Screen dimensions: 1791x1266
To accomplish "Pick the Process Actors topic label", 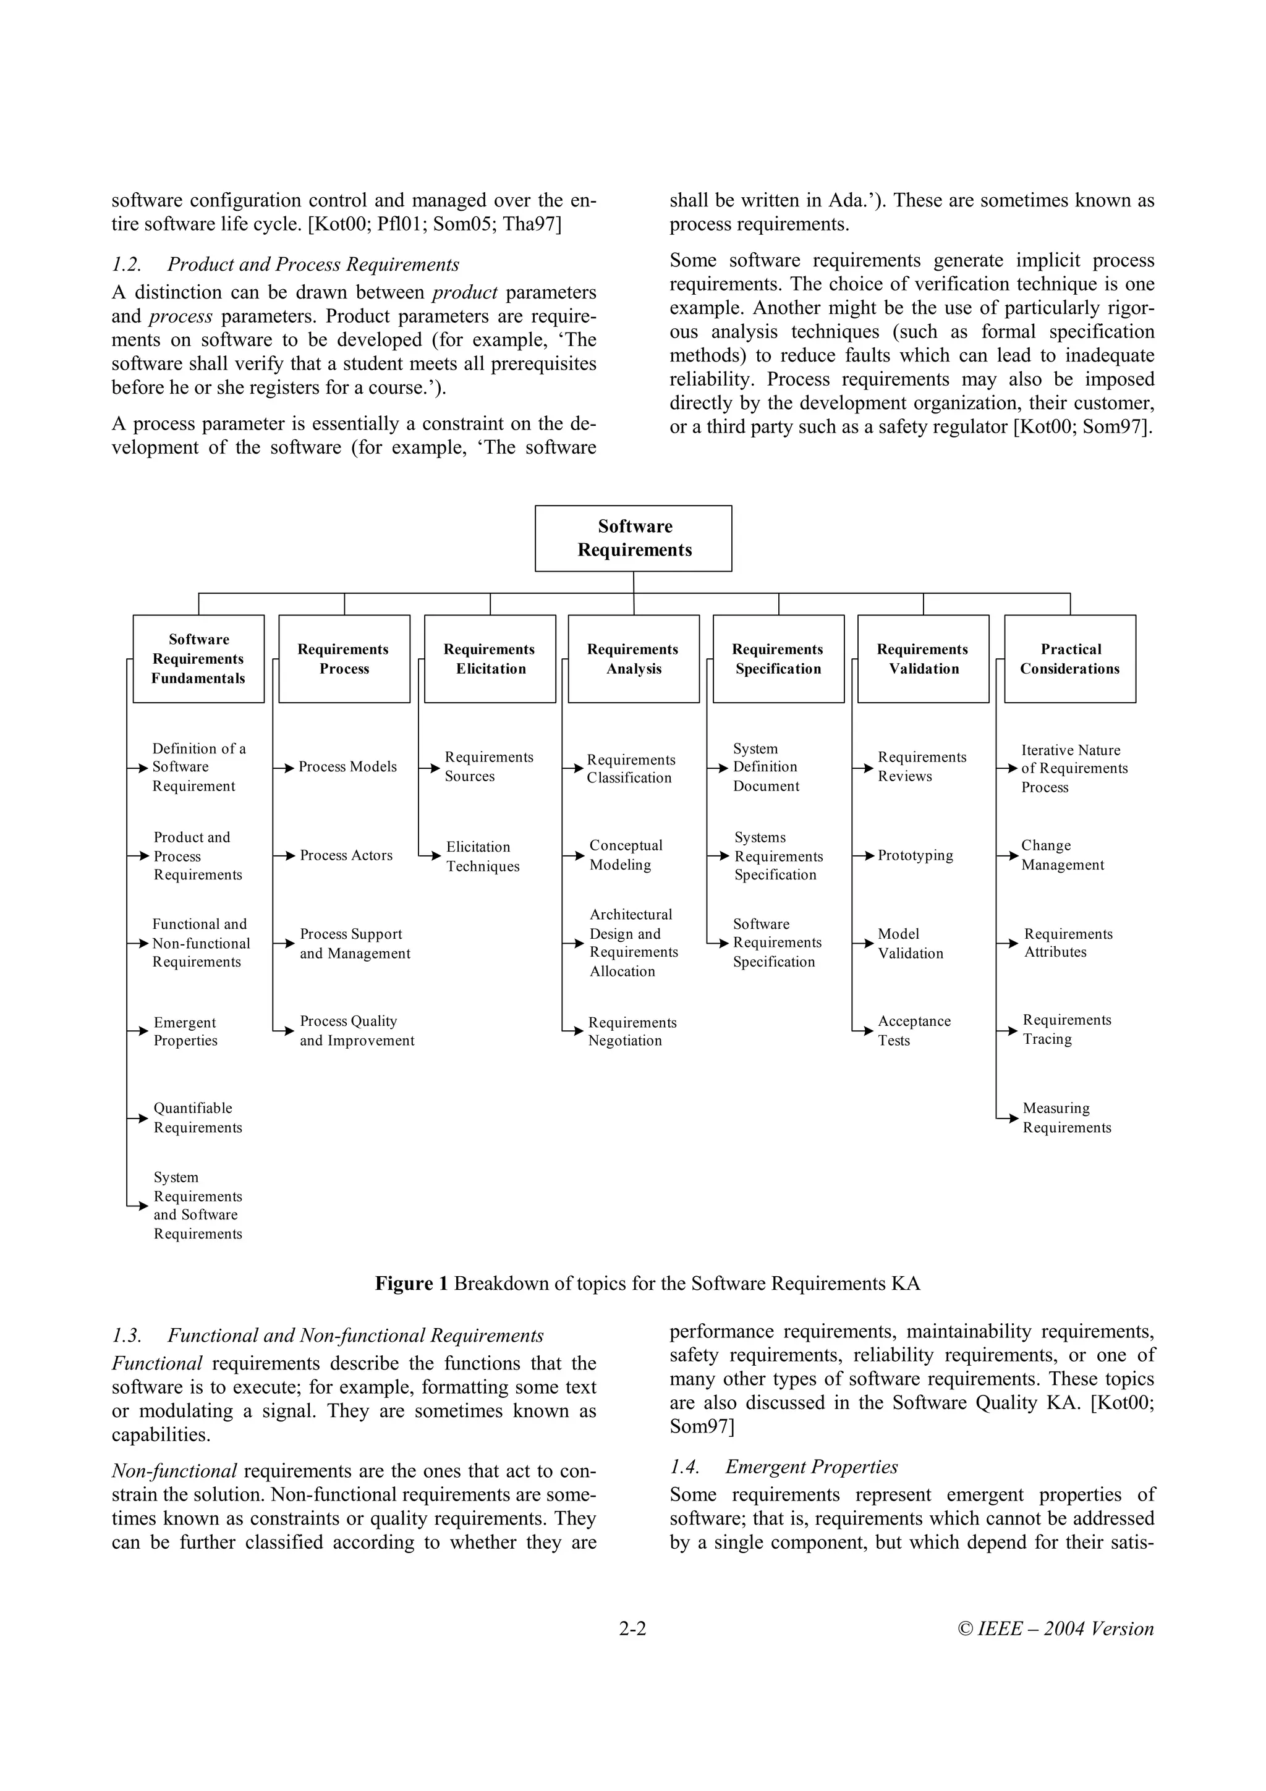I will click(x=346, y=856).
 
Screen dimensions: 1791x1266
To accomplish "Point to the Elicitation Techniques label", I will click(x=482, y=857).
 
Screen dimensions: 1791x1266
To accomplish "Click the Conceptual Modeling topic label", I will click(x=626, y=855).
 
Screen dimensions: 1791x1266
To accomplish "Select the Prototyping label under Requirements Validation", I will click(x=915, y=856).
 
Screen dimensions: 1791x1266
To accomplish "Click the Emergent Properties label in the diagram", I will click(x=185, y=1031).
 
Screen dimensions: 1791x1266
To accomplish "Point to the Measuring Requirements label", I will click(x=1066, y=1118).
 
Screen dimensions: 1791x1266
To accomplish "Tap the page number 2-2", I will click(x=632, y=1628).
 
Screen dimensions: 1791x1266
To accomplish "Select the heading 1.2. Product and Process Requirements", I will click(x=286, y=265).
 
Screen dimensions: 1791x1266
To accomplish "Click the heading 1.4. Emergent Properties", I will click(x=783, y=1467).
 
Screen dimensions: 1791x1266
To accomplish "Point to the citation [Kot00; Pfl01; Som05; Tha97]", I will click(x=435, y=225).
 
